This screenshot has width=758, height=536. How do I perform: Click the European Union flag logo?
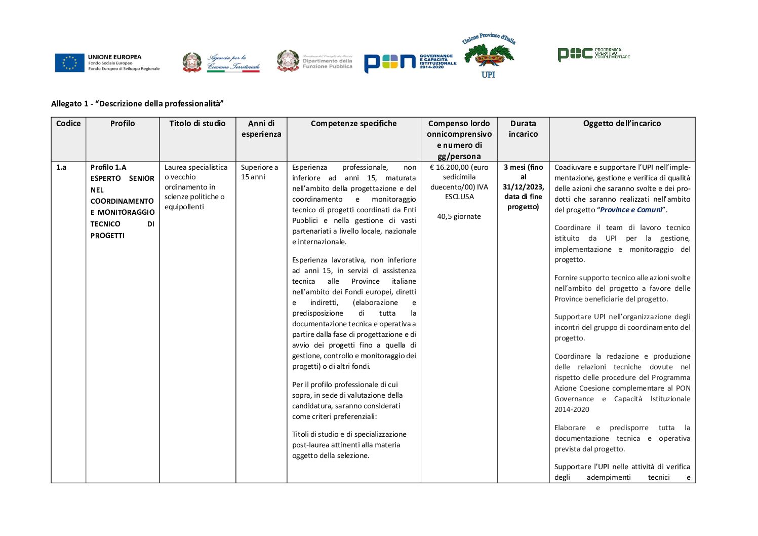pyautogui.click(x=70, y=63)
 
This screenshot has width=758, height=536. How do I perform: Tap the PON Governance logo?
pyautogui.click(x=410, y=62)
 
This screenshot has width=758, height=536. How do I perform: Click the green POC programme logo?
pyautogui.click(x=593, y=54)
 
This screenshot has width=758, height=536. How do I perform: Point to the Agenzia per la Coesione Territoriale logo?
pyautogui.click(x=221, y=62)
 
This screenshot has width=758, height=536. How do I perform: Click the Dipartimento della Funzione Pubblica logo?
pyautogui.click(x=314, y=61)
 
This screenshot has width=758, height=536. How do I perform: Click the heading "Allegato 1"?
pyautogui.click(x=137, y=104)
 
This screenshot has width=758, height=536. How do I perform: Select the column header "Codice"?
pyautogui.click(x=68, y=124)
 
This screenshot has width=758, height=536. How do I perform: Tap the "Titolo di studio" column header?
pyautogui.click(x=197, y=124)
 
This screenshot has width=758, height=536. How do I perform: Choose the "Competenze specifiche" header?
pyautogui.click(x=353, y=124)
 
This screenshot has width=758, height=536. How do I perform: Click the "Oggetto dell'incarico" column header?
pyautogui.click(x=622, y=124)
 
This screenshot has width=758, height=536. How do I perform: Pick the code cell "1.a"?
pyautogui.click(x=61, y=167)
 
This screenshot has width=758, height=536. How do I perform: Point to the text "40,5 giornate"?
pyautogui.click(x=459, y=217)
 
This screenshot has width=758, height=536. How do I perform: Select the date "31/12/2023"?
pyautogui.click(x=523, y=187)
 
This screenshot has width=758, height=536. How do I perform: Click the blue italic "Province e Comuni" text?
pyautogui.click(x=631, y=210)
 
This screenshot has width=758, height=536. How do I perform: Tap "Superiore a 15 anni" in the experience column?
pyautogui.click(x=259, y=172)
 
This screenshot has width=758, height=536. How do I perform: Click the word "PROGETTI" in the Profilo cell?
pyautogui.click(x=107, y=236)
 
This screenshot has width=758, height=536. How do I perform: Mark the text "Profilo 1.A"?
pyautogui.click(x=108, y=167)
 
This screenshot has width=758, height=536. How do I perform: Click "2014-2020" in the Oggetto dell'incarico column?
pyautogui.click(x=572, y=410)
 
